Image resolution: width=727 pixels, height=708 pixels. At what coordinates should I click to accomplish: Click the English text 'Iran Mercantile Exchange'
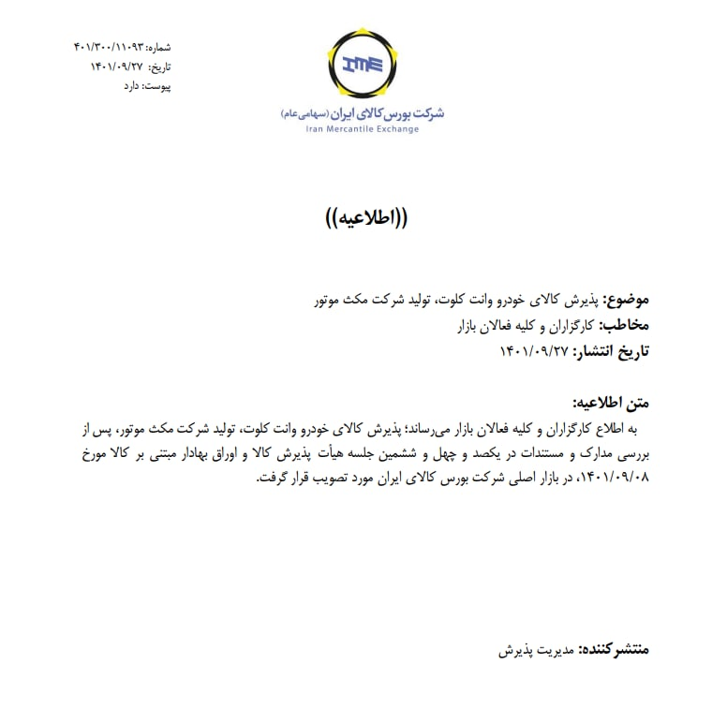point(363,129)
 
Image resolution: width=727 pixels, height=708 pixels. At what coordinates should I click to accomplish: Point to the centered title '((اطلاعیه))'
point(363,220)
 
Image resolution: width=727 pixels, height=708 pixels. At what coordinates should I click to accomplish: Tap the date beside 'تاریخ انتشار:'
point(535,351)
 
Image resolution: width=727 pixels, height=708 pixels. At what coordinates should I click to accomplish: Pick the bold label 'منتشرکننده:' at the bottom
point(614,649)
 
